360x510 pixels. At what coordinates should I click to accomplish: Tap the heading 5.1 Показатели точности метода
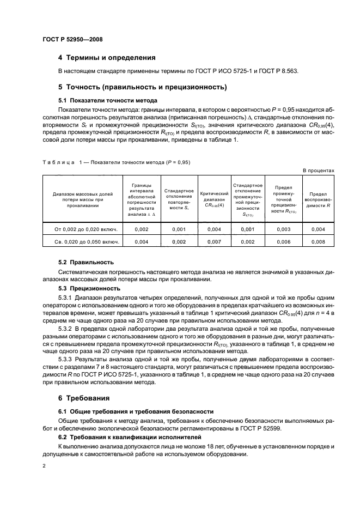[x=108, y=100]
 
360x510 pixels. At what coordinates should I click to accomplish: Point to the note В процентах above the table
[x=318, y=171]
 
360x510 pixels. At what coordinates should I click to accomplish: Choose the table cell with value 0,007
[x=214, y=241]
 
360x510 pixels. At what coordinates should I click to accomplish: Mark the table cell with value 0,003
[x=284, y=229]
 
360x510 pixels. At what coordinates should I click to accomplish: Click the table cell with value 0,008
[x=318, y=241]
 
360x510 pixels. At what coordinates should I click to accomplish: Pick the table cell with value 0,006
[x=284, y=241]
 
